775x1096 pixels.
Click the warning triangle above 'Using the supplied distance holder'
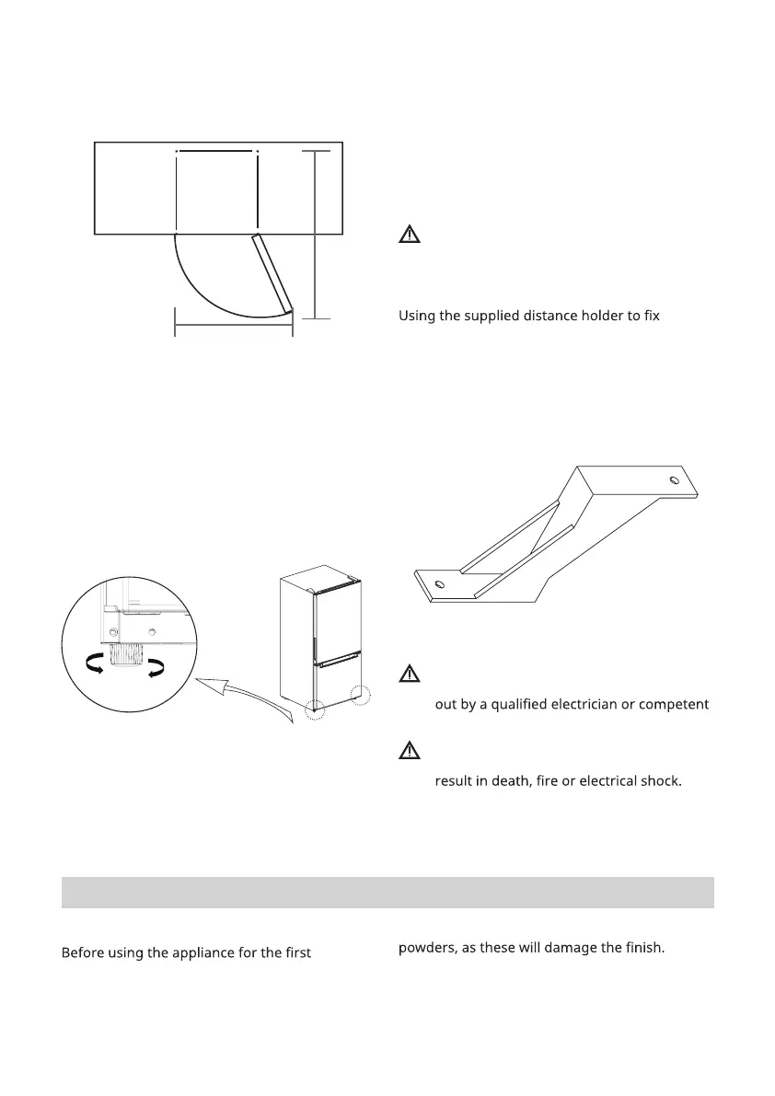(409, 234)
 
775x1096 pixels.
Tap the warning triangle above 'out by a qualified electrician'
(409, 675)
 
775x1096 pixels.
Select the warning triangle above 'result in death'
(409, 751)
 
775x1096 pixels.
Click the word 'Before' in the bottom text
(83, 953)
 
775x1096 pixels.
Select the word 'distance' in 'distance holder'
(561, 317)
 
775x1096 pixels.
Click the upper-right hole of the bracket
(676, 480)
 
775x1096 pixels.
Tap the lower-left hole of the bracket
(439, 583)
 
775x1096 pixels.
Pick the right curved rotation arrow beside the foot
(156, 665)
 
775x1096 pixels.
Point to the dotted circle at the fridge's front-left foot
(316, 710)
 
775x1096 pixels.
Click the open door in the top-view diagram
(273, 273)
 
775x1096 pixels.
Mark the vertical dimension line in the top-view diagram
(315, 235)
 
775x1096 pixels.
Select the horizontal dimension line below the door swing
(233, 324)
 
